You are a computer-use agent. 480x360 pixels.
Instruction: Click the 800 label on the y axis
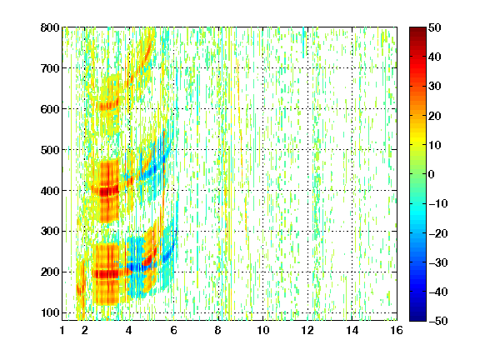tap(50, 27)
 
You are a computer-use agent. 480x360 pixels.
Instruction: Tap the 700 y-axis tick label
tap(50, 68)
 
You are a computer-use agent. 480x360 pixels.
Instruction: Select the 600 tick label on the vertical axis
tap(50, 109)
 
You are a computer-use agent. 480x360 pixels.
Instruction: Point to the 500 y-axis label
tap(50, 150)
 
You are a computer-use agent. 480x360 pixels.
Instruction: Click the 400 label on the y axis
tap(50, 191)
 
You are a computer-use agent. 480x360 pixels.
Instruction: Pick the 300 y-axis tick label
tap(50, 232)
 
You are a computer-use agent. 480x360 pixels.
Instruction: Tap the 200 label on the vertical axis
tap(50, 272)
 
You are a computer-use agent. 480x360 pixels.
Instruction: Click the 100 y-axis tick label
tap(50, 312)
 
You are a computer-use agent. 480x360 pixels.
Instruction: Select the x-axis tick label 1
tap(62, 330)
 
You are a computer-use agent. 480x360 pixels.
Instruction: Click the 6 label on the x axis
tap(173, 330)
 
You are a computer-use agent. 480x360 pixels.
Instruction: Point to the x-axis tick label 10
tap(263, 330)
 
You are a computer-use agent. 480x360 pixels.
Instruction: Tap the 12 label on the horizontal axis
tap(307, 330)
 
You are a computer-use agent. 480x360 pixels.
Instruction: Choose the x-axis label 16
tap(397, 330)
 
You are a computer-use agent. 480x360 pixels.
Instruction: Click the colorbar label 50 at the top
tap(435, 27)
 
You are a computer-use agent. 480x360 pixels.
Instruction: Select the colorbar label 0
tap(432, 174)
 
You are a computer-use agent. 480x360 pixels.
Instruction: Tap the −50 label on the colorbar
tap(438, 321)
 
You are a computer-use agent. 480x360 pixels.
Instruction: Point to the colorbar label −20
tap(438, 233)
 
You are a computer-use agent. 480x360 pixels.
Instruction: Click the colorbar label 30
tap(435, 87)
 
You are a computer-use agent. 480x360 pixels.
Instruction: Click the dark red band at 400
tap(105, 192)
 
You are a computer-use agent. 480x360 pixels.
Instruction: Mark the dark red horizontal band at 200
tap(106, 273)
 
